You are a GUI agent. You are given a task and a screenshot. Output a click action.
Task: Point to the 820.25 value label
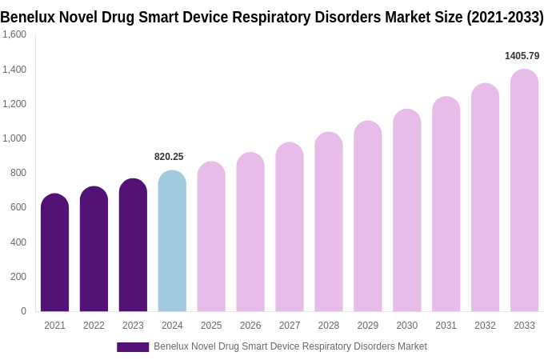[x=169, y=157]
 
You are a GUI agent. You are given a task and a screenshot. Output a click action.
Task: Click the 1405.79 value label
[x=522, y=56]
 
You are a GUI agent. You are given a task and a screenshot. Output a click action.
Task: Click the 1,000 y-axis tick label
[x=14, y=138]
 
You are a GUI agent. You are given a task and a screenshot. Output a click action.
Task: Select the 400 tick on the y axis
[x=18, y=242]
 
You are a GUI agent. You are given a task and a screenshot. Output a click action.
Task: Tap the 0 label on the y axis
[x=23, y=311]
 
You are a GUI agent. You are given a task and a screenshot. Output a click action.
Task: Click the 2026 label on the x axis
[x=250, y=326]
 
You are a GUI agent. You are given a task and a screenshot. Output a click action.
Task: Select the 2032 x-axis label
[x=485, y=326]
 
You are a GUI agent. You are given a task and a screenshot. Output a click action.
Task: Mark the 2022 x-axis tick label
[x=94, y=326]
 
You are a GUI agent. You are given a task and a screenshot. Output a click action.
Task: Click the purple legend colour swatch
[x=133, y=347]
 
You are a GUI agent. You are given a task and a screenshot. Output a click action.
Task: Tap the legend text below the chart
[x=290, y=346]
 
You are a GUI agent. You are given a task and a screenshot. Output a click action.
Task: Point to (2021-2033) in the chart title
[x=505, y=17]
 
